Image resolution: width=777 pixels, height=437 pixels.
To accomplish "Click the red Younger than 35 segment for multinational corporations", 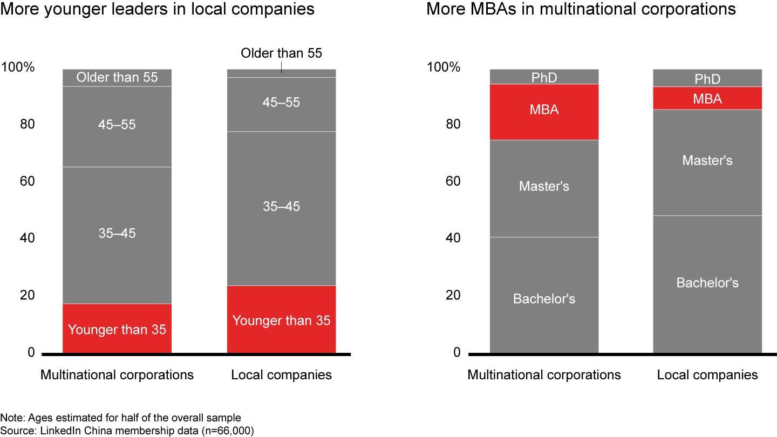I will [117, 329].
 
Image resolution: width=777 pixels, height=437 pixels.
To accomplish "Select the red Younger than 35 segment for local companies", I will [281, 319].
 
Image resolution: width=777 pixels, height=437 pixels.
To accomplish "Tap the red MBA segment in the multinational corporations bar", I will [544, 112].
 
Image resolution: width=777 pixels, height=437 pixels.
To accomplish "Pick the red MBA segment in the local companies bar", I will [707, 98].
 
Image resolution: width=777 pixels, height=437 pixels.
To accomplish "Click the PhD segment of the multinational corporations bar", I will [544, 77].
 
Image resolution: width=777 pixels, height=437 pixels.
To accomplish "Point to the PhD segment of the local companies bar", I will [707, 79].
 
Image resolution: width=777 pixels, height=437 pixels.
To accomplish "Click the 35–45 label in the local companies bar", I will [281, 207].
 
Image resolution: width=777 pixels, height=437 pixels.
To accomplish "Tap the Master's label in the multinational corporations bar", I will [544, 186].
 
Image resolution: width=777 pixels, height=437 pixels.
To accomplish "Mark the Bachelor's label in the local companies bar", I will [707, 283].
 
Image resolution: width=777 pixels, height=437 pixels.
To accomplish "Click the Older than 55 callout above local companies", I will [281, 53].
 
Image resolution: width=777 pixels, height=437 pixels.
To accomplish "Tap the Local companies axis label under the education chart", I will [707, 375].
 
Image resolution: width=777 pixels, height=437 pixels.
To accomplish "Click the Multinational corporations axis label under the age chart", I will [117, 375].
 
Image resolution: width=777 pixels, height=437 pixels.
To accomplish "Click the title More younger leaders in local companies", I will [157, 10].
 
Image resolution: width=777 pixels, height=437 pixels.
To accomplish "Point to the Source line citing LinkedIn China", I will [127, 431].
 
